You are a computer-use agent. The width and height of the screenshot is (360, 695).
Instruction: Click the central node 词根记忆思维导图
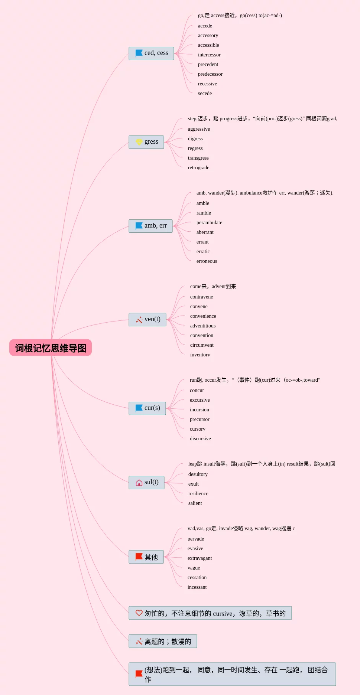point(51,348)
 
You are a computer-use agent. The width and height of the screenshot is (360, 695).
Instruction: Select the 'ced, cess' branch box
point(151,53)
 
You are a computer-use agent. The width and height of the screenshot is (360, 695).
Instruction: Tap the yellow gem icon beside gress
point(139,142)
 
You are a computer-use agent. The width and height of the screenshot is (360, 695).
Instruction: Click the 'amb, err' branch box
point(150,226)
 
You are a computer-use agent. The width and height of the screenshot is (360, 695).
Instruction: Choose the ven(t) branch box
point(147,319)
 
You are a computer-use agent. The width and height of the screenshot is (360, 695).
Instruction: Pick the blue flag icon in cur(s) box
point(139,408)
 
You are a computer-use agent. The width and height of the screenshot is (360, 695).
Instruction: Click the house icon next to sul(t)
point(139,482)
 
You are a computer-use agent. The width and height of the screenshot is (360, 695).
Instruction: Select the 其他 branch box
point(146,557)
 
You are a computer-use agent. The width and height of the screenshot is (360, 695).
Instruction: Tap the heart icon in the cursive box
point(139,613)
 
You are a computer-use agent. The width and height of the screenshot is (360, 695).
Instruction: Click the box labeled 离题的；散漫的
point(163,641)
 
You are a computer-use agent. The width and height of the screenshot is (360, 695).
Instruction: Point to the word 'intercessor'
point(209,55)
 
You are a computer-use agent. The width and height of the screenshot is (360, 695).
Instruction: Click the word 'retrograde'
point(198,168)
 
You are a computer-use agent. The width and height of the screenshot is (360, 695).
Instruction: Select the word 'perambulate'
point(209,223)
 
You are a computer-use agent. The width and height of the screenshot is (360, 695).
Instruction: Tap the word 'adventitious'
point(203,326)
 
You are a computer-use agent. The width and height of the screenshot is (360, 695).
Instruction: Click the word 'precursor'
point(200,420)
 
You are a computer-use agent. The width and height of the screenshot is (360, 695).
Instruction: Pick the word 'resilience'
point(198,494)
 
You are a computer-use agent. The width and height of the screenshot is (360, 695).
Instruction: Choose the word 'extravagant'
point(200,558)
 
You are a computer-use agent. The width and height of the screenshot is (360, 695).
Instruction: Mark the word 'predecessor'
point(210,74)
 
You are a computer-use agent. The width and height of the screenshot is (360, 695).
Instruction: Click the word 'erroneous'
point(207,261)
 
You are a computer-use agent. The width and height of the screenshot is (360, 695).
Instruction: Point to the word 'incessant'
point(197,587)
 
